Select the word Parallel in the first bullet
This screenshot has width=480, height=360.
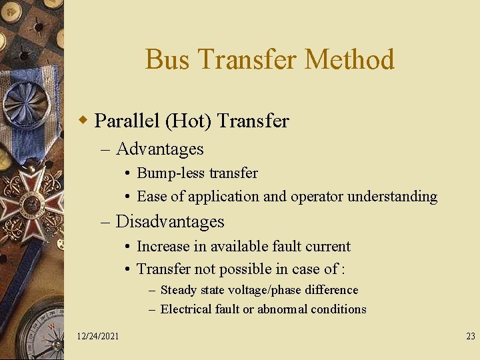pos(126,121)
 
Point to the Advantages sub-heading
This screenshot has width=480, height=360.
pos(159,149)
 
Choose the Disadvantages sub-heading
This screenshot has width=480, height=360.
pos(170,221)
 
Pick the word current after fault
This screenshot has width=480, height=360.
pos(329,247)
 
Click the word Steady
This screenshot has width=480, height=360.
pos(179,290)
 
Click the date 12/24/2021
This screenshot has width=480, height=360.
pos(98,336)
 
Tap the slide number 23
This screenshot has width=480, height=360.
pos(470,336)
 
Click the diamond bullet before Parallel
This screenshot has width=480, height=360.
pos(83,121)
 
